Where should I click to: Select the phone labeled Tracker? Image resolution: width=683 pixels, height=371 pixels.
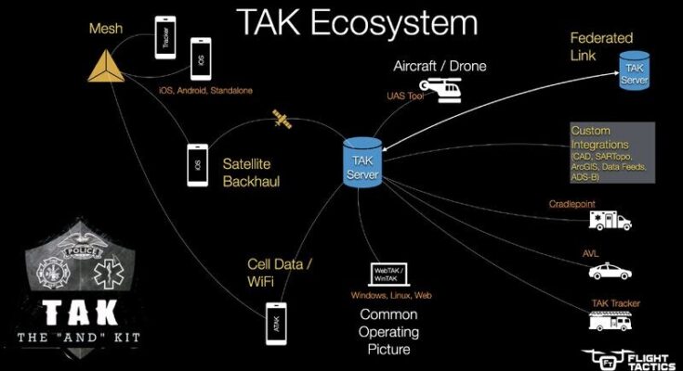[165, 36]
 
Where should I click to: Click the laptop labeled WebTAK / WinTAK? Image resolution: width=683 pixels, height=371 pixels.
[392, 273]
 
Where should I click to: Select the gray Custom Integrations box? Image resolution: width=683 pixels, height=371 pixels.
[612, 150]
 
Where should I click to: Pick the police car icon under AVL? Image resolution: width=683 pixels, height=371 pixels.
[611, 272]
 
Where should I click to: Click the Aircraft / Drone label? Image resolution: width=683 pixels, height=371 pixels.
[440, 67]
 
